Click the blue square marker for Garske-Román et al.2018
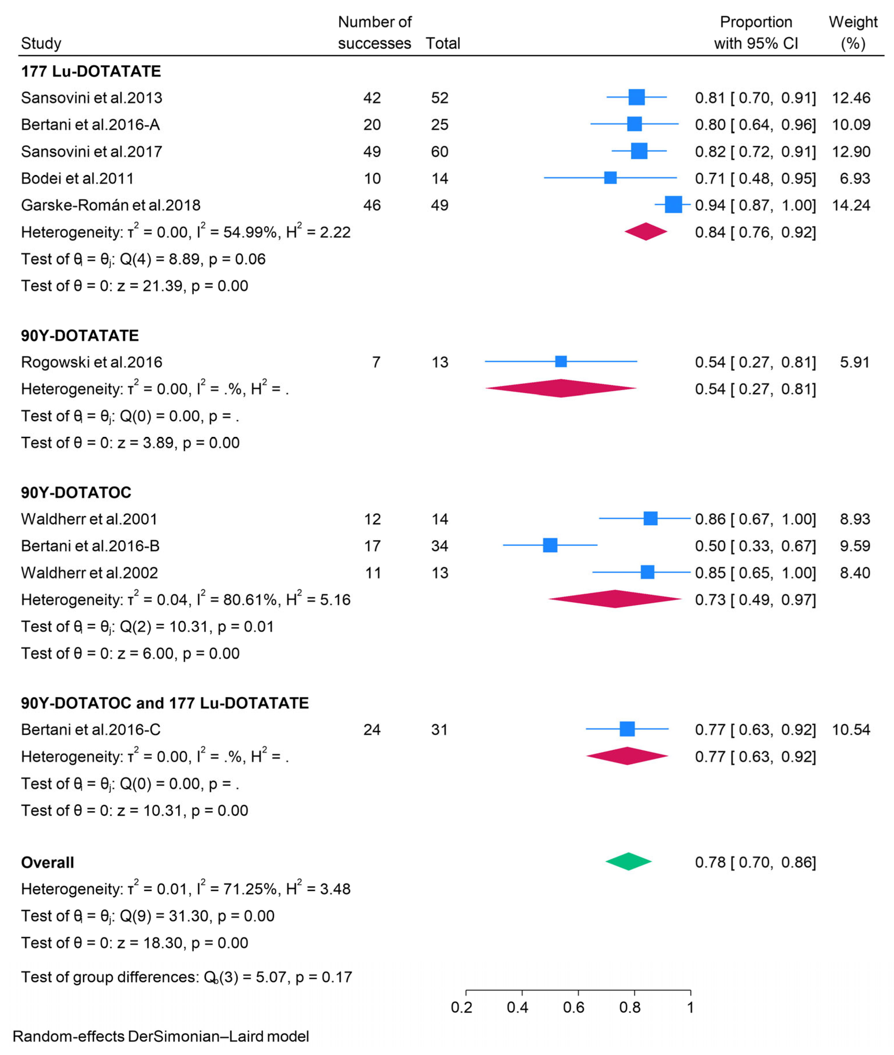pyautogui.click(x=673, y=205)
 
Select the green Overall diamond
pyautogui.click(x=628, y=861)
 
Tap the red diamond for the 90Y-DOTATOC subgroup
pyautogui.click(x=615, y=599)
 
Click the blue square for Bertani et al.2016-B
pyautogui.click(x=550, y=545)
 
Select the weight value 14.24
pyautogui.click(x=851, y=205)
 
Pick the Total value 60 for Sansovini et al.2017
pyautogui.click(x=439, y=152)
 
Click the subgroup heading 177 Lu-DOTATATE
pyautogui.click(x=91, y=71)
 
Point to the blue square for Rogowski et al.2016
pyautogui.click(x=560, y=361)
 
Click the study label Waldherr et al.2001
pyautogui.click(x=89, y=519)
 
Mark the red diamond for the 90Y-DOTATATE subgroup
pyautogui.click(x=560, y=388)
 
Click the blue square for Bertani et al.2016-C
pyautogui.click(x=627, y=729)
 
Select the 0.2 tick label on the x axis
pyautogui.click(x=461, y=1007)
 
